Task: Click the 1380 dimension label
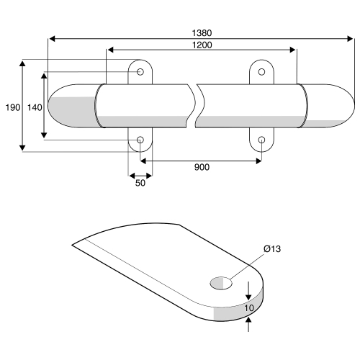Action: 202,33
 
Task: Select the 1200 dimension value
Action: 202,45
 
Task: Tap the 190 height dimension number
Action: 13,107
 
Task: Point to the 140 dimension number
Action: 35,107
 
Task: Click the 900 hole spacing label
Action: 202,167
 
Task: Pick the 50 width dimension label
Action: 140,183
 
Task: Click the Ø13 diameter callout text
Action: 272,249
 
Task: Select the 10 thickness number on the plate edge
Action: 249,308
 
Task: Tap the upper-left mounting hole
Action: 140,72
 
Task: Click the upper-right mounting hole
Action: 261,72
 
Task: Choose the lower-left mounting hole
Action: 140,140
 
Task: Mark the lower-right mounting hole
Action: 261,140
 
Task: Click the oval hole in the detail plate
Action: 221,283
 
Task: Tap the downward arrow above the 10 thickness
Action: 248,291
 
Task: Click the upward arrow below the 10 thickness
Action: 248,325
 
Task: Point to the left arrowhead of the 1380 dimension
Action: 52,39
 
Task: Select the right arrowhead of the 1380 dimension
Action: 351,39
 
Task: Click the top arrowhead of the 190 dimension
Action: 22,63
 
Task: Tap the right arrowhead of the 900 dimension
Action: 258,161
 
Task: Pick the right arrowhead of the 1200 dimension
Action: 293,50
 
